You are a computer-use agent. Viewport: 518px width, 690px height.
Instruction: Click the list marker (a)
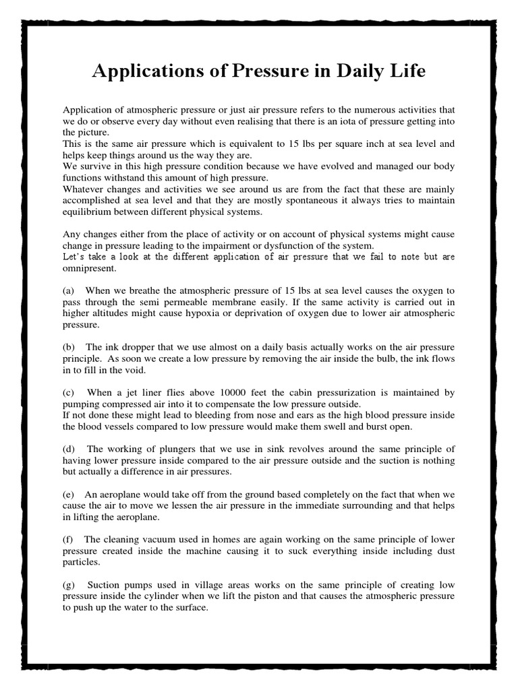(x=68, y=290)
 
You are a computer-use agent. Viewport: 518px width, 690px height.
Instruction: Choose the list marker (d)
(x=68, y=449)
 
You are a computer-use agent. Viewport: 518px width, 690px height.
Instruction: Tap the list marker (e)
(x=68, y=494)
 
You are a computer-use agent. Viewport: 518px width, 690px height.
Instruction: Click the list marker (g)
(x=68, y=584)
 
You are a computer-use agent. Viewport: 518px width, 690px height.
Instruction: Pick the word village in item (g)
(x=210, y=584)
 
